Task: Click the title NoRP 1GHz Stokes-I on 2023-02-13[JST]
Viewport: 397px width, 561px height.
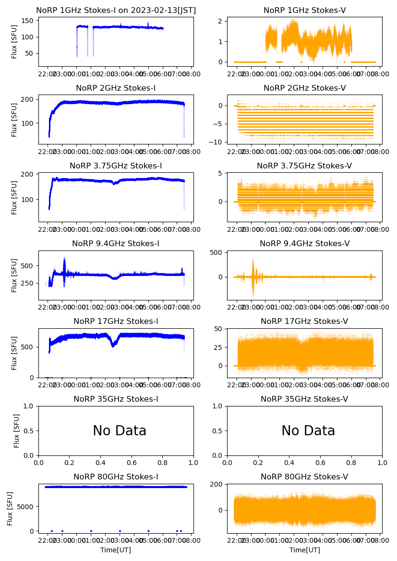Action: (x=116, y=11)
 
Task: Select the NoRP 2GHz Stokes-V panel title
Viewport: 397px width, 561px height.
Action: (x=304, y=88)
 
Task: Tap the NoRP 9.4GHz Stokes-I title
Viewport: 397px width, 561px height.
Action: (x=116, y=244)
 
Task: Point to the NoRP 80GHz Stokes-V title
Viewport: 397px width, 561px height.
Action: (x=304, y=477)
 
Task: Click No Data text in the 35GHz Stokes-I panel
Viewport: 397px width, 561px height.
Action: (x=120, y=431)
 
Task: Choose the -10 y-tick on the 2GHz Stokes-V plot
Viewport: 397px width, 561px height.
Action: (x=219, y=142)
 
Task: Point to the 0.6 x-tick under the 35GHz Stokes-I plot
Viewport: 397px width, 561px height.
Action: (x=132, y=463)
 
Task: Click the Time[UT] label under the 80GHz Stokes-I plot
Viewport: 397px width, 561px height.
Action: (x=116, y=550)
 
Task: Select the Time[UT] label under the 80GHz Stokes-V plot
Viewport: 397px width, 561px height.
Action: (x=304, y=550)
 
